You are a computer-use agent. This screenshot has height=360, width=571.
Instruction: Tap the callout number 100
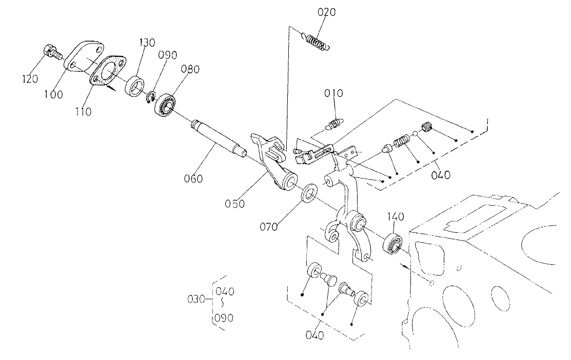[x=54, y=95]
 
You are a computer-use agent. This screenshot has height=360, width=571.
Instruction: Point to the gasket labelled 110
[x=108, y=72]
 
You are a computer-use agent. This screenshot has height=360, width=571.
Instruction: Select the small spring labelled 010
[x=335, y=123]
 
